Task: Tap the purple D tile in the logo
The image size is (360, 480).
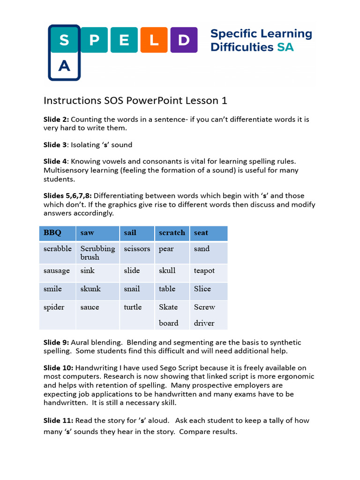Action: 184,40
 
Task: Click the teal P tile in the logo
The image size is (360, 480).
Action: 95,40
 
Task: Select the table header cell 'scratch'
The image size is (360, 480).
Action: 172,233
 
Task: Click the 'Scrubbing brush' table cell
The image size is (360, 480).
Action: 97,253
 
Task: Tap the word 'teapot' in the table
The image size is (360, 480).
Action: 204,270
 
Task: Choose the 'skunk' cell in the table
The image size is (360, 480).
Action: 90,289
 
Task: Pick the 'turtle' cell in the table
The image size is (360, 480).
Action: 133,307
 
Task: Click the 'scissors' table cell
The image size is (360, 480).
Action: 137,249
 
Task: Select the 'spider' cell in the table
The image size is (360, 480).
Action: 54,307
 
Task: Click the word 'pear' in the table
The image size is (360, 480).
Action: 166,249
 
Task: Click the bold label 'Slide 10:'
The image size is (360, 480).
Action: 58,368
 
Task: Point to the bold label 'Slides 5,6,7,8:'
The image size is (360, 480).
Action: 67,195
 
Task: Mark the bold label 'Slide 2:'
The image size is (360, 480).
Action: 56,120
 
